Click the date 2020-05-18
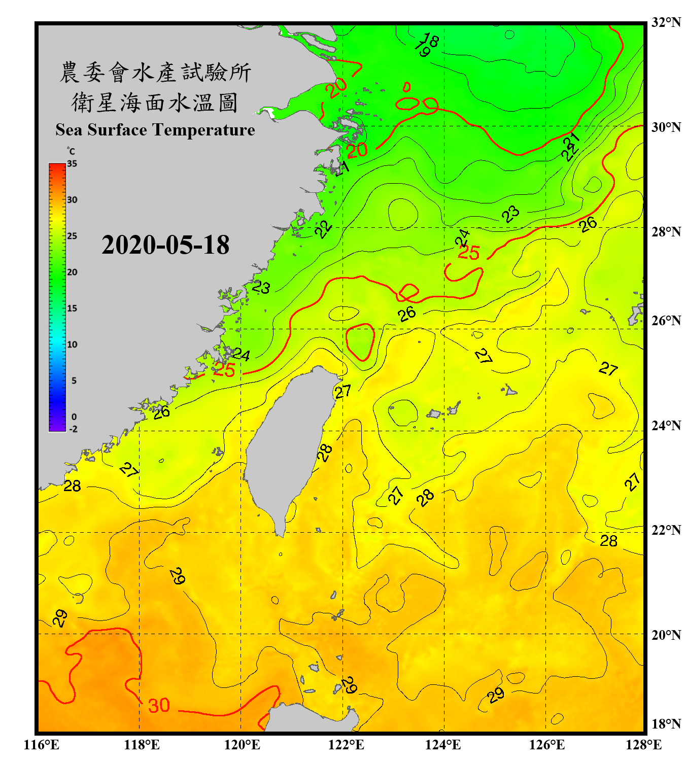[165, 245]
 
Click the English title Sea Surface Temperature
[155, 130]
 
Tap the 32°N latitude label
[666, 22]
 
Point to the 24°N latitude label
[666, 425]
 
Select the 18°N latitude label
[666, 724]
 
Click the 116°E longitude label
[42, 745]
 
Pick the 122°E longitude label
[346, 745]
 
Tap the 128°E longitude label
[643, 745]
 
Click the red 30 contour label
[159, 705]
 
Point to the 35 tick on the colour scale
[72, 164]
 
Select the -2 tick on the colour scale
[73, 429]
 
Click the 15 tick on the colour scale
[72, 308]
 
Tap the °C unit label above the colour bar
[71, 151]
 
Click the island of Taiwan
[289, 446]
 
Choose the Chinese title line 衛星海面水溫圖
[155, 103]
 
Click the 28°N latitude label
[666, 231]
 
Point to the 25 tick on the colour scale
[72, 236]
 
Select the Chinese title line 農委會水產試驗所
[155, 73]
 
